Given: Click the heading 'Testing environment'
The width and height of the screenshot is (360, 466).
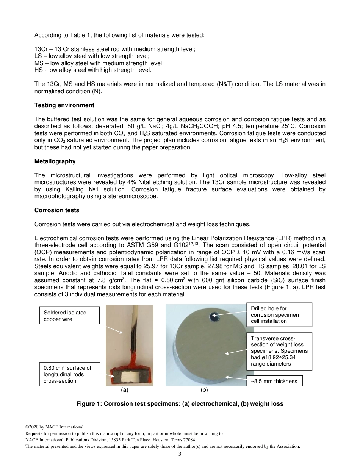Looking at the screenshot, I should tap(64, 105).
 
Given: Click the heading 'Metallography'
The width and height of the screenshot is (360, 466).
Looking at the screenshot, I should tap(55, 161).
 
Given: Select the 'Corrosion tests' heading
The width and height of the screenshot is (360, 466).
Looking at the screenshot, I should tap(57, 210).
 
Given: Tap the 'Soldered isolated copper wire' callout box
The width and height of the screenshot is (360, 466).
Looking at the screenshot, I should tap(69, 316).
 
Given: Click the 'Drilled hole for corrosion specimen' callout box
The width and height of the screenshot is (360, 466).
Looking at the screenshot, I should tap(279, 314).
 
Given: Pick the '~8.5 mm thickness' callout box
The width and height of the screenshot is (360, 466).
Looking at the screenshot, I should tap(275, 381).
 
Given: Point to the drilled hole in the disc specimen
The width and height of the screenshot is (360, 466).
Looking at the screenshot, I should tap(214, 316).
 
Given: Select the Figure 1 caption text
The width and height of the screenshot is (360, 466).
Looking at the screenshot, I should tap(180, 403).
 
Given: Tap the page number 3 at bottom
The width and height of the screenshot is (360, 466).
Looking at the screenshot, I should tap(180, 454).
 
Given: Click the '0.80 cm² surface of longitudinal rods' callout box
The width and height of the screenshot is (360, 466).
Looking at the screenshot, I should tap(69, 374).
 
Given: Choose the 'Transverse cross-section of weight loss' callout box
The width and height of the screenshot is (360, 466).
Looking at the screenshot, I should tap(279, 351).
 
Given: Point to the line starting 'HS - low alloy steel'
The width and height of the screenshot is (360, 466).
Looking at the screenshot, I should tap(93, 70).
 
